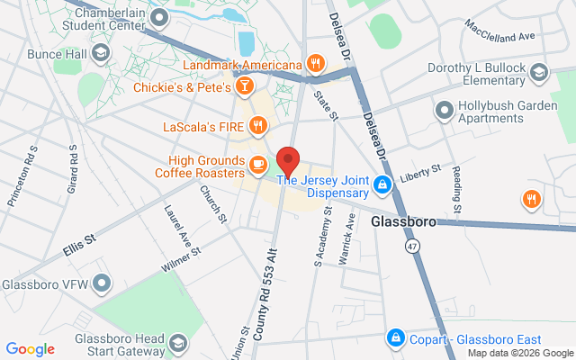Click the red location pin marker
[288, 160]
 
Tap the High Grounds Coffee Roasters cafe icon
[258, 164]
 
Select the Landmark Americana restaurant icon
[314, 63]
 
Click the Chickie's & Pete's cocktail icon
[243, 86]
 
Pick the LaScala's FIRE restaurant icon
[258, 126]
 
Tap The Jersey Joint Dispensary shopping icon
[382, 185]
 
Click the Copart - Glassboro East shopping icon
[394, 338]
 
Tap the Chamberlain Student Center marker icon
[160, 17]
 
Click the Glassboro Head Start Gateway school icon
[178, 344]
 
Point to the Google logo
[30, 349]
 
